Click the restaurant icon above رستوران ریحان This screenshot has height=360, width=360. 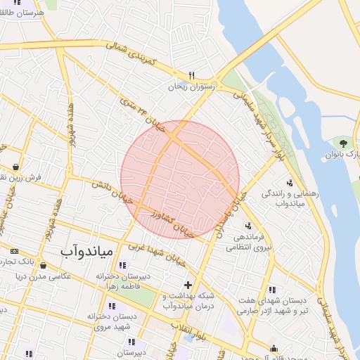click(x=191, y=75)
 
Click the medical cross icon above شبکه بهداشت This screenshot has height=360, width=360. click(x=187, y=285)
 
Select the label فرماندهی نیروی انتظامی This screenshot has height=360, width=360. click(x=252, y=242)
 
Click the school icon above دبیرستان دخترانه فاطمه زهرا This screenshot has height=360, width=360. click(x=123, y=266)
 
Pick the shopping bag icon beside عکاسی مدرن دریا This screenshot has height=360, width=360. click(x=45, y=266)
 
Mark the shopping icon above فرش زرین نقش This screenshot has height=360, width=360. click(x=15, y=167)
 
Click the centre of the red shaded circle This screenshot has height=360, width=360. click(x=180, y=179)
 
